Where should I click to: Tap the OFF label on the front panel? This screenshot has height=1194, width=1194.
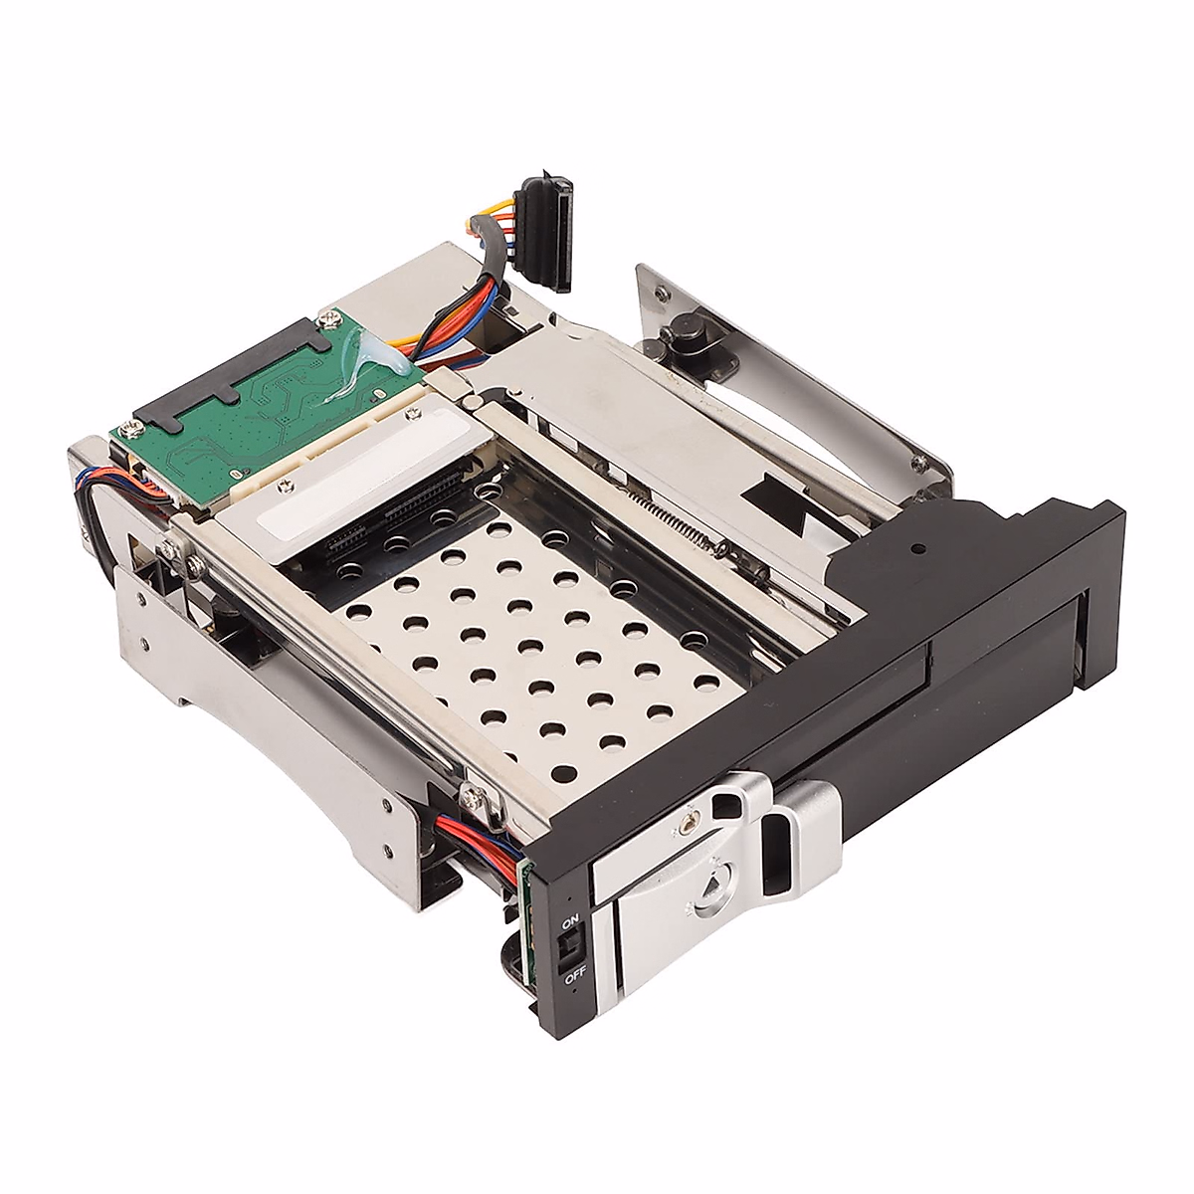pyautogui.click(x=574, y=979)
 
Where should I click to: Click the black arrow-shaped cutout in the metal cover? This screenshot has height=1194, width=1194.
pyautogui.click(x=782, y=497)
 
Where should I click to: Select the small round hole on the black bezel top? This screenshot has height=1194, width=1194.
pyautogui.click(x=921, y=546)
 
